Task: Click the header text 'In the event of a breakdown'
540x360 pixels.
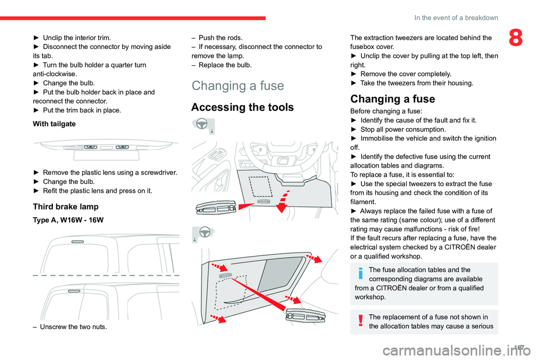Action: [x=456, y=17]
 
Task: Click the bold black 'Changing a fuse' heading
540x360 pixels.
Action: [x=392, y=99]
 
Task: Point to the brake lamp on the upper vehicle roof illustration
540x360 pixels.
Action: [x=78, y=241]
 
